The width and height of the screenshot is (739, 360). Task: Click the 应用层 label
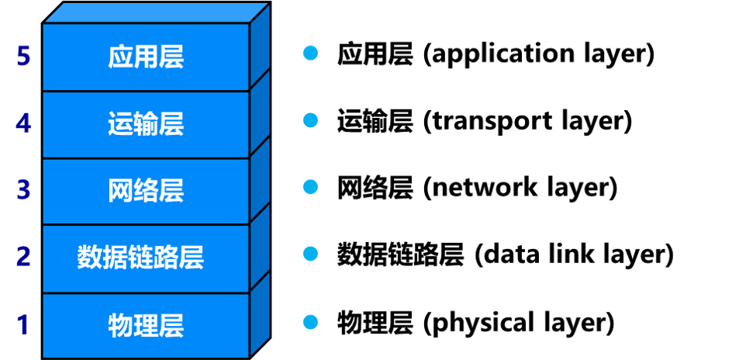tap(146, 57)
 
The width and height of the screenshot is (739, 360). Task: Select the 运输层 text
tap(146, 124)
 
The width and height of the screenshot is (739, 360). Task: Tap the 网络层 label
tap(146, 191)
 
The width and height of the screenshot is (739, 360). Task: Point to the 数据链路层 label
tap(140, 258)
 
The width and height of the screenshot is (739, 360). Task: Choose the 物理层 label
tap(146, 325)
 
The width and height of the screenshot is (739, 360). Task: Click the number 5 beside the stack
tap(23, 57)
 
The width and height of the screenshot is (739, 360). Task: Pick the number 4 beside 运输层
tap(23, 123)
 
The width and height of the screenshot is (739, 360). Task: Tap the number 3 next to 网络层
tap(23, 190)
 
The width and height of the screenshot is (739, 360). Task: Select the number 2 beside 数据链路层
tap(23, 256)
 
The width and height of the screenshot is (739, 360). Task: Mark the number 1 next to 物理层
tap(23, 324)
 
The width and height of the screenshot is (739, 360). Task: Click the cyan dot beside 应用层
tap(310, 53)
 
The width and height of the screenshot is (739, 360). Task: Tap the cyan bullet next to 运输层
tap(310, 119)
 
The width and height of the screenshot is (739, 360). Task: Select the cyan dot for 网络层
tap(310, 187)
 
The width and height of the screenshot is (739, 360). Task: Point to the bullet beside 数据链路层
tap(310, 254)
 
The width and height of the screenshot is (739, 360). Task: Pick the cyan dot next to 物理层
tap(310, 321)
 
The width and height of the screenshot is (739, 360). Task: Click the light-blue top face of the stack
tap(155, 13)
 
